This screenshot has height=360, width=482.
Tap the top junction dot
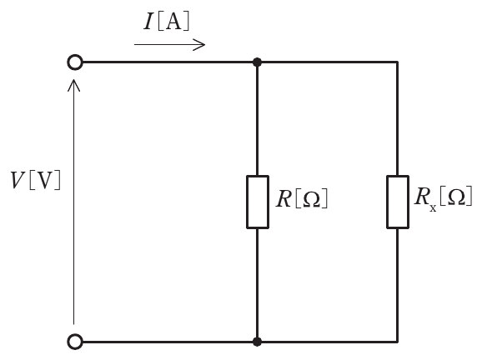click(258, 62)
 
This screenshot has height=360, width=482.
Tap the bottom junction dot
click(258, 342)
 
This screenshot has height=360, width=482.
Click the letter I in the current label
click(148, 22)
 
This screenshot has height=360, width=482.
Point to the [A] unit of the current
click(173, 22)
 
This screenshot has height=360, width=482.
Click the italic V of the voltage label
click(18, 180)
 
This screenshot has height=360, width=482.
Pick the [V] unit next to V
click(45, 180)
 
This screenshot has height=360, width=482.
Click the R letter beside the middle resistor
click(284, 199)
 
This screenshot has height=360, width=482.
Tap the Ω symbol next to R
click(311, 200)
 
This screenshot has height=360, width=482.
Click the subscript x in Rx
click(433, 208)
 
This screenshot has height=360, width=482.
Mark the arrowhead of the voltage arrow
click(73, 85)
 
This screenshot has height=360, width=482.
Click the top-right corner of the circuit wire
click(398, 62)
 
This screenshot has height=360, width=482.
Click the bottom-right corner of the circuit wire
click(398, 342)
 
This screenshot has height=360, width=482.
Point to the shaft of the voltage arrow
click(73, 202)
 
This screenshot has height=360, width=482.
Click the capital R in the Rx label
click(422, 197)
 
